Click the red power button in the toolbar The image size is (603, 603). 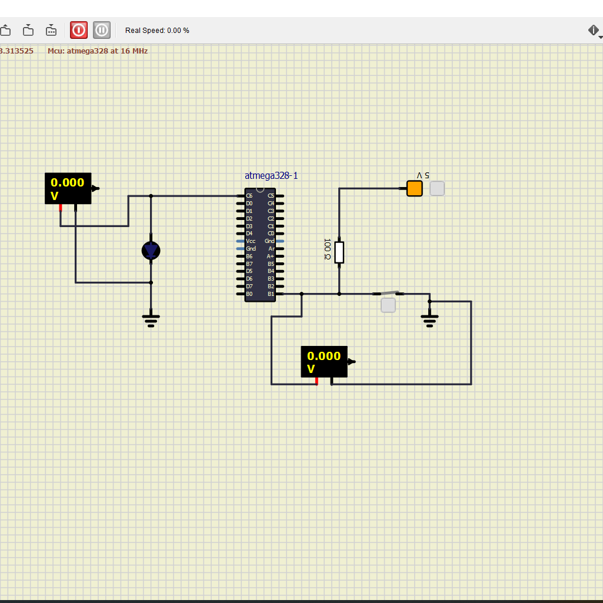79,29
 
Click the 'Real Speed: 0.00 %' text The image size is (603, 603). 157,30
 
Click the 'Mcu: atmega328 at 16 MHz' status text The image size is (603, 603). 98,51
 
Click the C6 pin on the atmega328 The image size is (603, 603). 241,196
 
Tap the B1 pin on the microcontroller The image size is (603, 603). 279,294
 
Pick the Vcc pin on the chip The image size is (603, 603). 241,241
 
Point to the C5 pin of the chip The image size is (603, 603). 279,196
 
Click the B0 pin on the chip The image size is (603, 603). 241,294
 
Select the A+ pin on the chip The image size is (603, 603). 279,256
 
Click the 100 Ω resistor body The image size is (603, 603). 339,252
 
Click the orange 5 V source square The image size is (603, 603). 415,188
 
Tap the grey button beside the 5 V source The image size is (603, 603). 437,188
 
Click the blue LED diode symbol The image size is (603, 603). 151,251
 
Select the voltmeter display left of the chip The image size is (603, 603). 68,188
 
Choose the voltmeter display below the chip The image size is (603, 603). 324,362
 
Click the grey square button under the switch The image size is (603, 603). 388,305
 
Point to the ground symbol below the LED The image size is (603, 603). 151,320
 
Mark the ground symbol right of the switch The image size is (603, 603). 429,320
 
